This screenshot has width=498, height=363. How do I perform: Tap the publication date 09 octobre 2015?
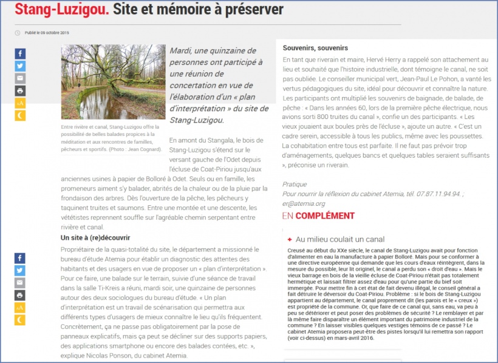(51, 32)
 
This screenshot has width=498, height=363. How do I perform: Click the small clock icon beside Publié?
(18, 33)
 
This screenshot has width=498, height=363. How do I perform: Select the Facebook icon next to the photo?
(20, 53)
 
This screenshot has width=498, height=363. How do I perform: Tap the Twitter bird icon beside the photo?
(20, 66)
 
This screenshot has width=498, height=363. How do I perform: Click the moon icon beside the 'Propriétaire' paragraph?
(20, 319)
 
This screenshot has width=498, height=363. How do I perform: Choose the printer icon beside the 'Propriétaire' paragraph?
(20, 295)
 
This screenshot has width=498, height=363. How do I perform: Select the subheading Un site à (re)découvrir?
(96, 237)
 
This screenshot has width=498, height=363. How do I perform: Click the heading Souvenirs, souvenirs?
(316, 48)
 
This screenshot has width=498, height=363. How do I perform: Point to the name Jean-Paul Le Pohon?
(449, 69)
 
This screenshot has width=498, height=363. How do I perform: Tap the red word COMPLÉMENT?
(326, 216)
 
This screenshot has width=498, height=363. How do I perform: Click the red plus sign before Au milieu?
(290, 240)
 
